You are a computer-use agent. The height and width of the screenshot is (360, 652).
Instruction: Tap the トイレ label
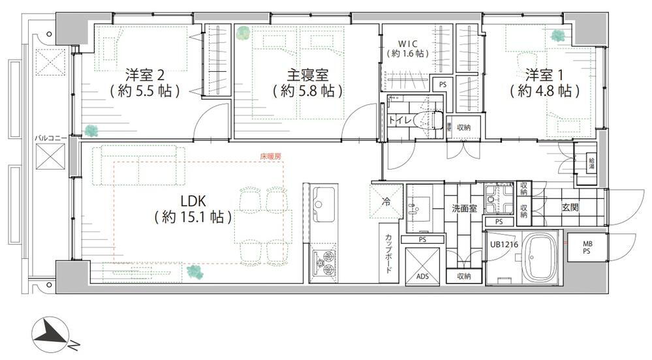[399, 120]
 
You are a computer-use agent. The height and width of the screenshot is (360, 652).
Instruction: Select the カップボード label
[388, 254]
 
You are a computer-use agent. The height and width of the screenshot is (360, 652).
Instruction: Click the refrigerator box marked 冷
[386, 201]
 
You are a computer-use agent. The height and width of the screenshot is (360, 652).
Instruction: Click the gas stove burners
[323, 263]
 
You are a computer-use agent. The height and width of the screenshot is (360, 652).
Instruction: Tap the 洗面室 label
[464, 208]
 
